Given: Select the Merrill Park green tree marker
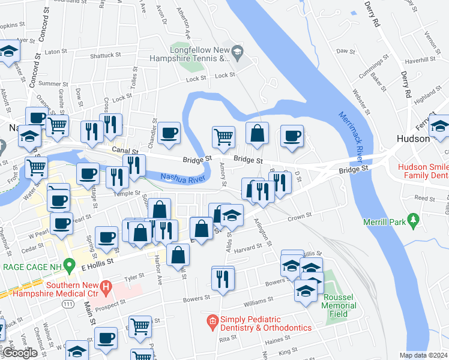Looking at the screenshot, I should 412,221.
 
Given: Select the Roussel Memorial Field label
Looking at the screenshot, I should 340,301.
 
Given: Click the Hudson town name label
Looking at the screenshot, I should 412,138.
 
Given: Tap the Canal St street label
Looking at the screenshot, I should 125,152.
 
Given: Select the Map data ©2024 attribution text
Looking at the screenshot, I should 424,355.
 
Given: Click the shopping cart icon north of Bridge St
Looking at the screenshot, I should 223,136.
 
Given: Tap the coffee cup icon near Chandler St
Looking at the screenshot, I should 169,131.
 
